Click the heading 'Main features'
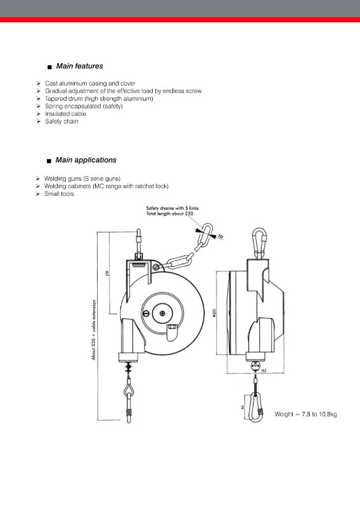[x=79, y=66]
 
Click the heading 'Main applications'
[x=86, y=160]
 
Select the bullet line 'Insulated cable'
[x=65, y=114]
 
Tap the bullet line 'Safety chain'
[x=61, y=121]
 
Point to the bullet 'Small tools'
[x=59, y=193]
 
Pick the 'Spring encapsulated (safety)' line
[x=84, y=106]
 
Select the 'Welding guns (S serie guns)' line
[x=82, y=179]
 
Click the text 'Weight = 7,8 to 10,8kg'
[x=305, y=414]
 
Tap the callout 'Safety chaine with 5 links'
[x=169, y=209]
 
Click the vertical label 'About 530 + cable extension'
[x=94, y=330]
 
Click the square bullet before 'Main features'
[x=49, y=67]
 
